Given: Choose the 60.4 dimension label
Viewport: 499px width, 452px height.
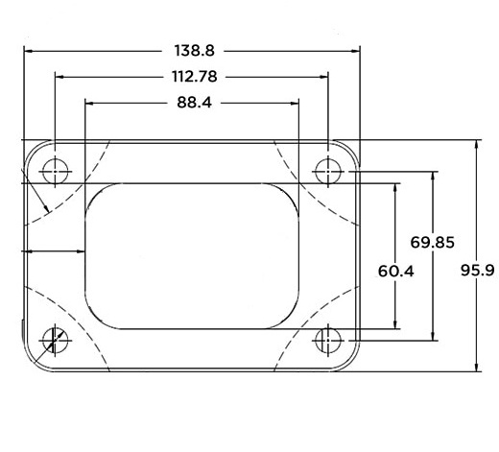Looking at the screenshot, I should pos(395,272).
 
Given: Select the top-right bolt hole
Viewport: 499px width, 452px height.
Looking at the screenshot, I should pos(329,172).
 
